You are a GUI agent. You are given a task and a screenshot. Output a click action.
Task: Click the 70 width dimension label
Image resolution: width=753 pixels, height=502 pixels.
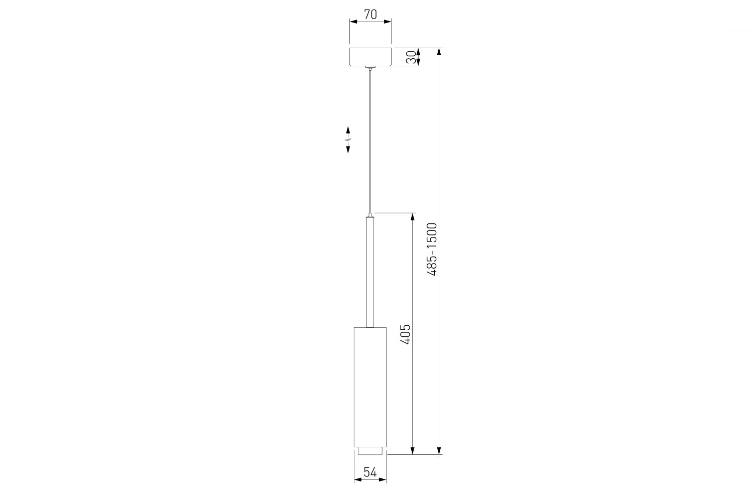click(x=370, y=15)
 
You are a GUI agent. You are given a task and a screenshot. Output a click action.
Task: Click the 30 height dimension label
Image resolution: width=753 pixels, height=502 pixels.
click(x=411, y=57)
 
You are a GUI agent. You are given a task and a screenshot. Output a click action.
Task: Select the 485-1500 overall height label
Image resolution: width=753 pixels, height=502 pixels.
click(x=432, y=249)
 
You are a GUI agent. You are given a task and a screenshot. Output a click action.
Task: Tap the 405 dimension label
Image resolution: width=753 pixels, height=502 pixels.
click(x=406, y=334)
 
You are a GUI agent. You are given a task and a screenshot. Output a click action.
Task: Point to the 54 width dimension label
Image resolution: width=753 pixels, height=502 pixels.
click(x=370, y=472)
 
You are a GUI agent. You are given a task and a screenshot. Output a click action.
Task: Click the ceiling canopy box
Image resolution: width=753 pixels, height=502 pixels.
click(x=370, y=57)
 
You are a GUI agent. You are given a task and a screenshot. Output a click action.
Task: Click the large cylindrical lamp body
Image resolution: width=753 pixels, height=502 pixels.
click(x=370, y=387)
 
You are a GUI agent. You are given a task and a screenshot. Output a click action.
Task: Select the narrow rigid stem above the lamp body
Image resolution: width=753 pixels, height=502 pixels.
click(x=370, y=272)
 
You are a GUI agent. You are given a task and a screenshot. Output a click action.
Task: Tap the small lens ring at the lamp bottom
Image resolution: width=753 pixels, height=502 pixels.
click(x=370, y=451)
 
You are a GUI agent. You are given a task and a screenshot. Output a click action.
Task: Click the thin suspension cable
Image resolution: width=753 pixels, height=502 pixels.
click(x=370, y=141)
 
